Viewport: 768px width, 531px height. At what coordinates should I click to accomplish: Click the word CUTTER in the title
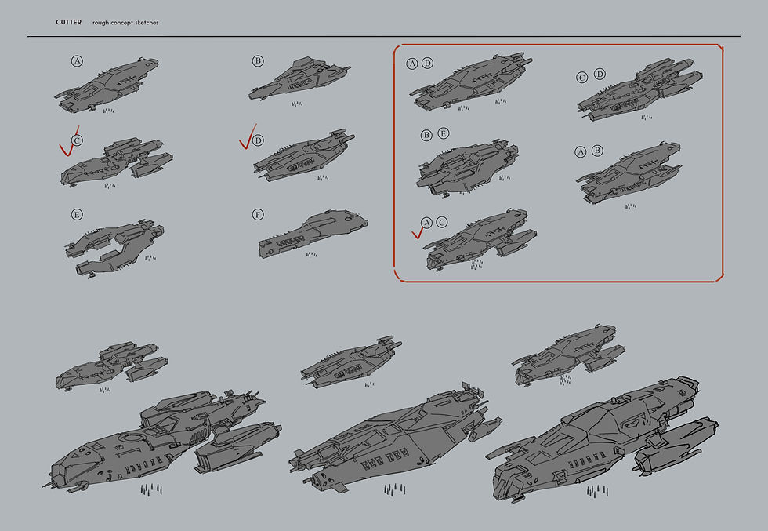pyautogui.click(x=68, y=23)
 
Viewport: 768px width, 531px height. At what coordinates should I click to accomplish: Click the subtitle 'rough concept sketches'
pyautogui.click(x=125, y=23)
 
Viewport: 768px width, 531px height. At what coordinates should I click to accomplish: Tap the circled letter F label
pyautogui.click(x=258, y=214)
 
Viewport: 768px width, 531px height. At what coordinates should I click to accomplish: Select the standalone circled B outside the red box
pyautogui.click(x=258, y=61)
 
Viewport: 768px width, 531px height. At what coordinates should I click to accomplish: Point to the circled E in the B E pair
pyautogui.click(x=444, y=134)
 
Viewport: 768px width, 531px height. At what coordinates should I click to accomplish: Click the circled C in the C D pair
pyautogui.click(x=582, y=77)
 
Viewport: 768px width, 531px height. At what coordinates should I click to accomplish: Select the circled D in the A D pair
pyautogui.click(x=427, y=64)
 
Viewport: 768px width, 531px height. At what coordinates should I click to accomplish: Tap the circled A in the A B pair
pyautogui.click(x=581, y=151)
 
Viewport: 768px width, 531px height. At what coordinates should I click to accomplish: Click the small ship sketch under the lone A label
pyautogui.click(x=107, y=83)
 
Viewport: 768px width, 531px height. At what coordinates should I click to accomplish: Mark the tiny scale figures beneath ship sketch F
pyautogui.click(x=311, y=255)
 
